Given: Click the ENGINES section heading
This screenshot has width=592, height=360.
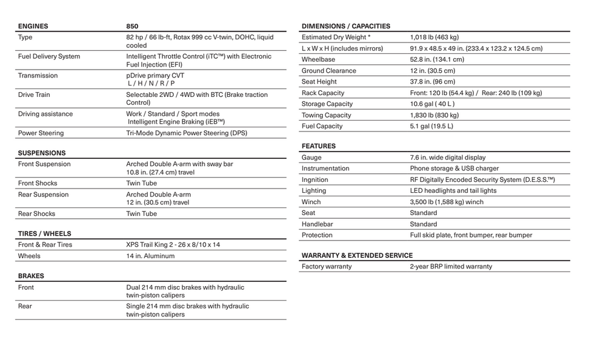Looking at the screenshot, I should point(33,26).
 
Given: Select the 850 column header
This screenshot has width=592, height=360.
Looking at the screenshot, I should point(132,26).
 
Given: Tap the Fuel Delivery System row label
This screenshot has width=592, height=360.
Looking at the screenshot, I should point(48,56).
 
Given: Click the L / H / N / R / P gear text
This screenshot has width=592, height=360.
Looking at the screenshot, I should point(151,83).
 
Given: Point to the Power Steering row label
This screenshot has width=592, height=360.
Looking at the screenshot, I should point(41,133).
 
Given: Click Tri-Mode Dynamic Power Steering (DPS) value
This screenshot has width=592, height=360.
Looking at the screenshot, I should point(187,133).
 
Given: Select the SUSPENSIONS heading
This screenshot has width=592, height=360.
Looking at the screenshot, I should point(41,153).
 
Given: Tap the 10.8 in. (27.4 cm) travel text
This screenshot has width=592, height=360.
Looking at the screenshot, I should point(161,172).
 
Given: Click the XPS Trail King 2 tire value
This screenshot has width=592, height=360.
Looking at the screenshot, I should point(173,244).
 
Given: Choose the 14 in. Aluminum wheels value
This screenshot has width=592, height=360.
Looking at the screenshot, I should point(150,256).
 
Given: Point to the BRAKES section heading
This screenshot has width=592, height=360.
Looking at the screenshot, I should point(30,276).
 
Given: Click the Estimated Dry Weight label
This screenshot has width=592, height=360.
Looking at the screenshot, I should point(336,37).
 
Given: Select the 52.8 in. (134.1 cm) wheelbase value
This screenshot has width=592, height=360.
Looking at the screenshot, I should point(437,59).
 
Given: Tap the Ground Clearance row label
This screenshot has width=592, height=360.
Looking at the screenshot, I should point(328,70).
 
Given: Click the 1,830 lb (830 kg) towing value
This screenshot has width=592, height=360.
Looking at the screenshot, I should point(434,115).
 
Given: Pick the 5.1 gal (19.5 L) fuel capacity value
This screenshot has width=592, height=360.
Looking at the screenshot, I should point(431,126).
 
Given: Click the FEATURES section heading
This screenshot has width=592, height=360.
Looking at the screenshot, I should point(318,146).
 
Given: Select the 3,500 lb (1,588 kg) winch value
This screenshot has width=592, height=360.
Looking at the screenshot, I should point(447,202).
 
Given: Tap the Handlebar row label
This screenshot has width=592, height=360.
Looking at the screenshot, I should point(317,224).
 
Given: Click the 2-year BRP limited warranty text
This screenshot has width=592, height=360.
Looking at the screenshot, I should point(451,266).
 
